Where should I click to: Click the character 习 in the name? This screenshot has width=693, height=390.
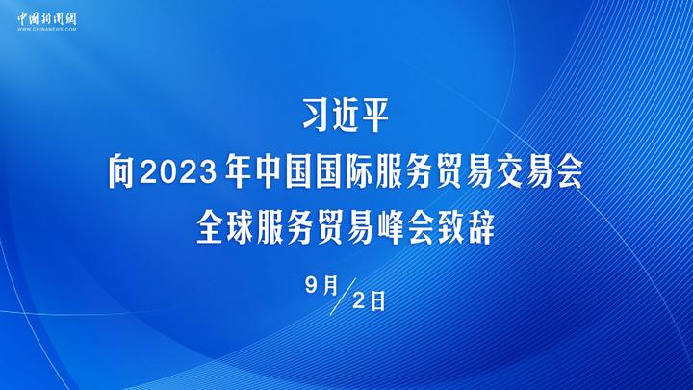coord(317,115)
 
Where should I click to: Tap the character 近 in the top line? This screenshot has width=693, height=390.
coord(346,115)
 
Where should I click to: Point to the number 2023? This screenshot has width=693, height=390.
coord(178,172)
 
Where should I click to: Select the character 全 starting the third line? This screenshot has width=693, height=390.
coord(210,228)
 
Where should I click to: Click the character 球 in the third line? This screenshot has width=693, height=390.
coord(240,228)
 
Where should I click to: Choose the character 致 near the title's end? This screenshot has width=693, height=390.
coord(450,228)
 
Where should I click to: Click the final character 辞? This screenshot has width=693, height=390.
coord(481,228)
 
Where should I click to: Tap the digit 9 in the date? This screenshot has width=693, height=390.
coord(312,286)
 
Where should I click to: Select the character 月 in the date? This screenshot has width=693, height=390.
coord(330,286)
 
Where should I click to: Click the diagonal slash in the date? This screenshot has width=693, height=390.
coord(343,297)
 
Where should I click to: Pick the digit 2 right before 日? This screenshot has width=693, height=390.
coord(359,301)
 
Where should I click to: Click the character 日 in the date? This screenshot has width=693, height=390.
coord(377,301)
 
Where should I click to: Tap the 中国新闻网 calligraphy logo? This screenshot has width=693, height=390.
coord(47,18)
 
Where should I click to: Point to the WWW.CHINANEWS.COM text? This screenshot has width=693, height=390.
coord(47,29)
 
